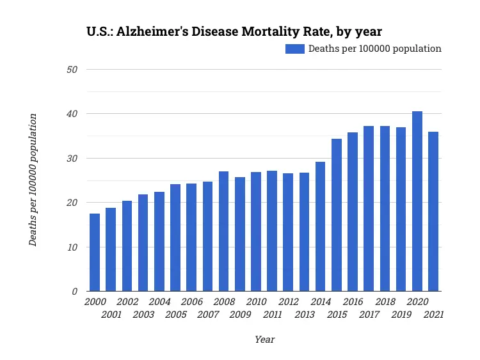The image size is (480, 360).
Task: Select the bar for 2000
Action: coord(95,253)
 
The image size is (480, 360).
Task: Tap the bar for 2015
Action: coord(337,215)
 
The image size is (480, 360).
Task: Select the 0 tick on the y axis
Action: coord(75,292)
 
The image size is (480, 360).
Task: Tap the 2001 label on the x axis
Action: coord(111,315)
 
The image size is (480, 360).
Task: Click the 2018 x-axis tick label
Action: coord(385,302)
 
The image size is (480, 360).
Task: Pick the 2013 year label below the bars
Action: coord(305,315)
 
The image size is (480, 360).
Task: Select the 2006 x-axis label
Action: coord(191,302)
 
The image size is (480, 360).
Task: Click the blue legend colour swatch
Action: coord(294,49)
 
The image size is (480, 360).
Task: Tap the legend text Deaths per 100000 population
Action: coord(375,49)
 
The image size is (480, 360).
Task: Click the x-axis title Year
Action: coord(264,340)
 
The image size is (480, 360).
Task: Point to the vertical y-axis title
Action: coord(33,180)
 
